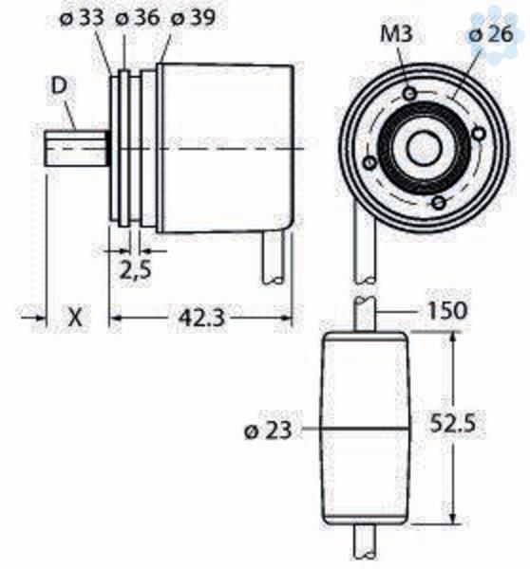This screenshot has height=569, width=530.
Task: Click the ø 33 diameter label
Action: [x=82, y=18]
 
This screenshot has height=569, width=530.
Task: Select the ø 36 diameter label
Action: [x=138, y=18]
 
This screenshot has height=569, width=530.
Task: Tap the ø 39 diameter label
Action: [x=193, y=18]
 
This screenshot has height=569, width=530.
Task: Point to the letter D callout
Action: [x=59, y=86]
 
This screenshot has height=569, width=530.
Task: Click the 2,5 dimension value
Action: [x=135, y=270]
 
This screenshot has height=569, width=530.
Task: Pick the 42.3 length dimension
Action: [x=201, y=319]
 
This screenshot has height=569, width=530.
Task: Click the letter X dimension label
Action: [x=76, y=318]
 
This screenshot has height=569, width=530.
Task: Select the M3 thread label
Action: [x=396, y=34]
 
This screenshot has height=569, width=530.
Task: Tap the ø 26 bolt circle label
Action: [x=491, y=34]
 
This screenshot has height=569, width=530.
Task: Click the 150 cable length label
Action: [x=446, y=311]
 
